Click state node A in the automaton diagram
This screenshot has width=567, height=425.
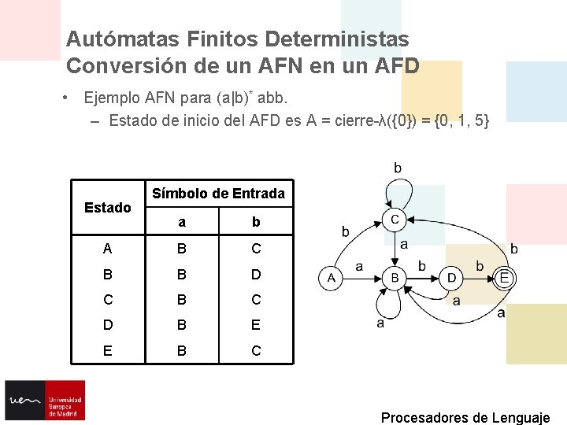coord(331,278)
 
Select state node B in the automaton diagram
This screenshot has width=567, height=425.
coord(395,278)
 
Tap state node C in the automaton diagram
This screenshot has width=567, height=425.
coord(395,218)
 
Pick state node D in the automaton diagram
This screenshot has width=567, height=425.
coord(451,278)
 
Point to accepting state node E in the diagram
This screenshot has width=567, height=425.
coord(505,277)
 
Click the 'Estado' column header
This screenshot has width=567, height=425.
coord(108,208)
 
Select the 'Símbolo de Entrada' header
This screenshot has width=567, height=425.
coord(218,193)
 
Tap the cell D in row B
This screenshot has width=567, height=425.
coord(256,275)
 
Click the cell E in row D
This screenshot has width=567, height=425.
coord(256,325)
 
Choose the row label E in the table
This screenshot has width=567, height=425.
coord(108,350)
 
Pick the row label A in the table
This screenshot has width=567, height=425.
coord(108,249)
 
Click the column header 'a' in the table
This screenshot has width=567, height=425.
coord(182,222)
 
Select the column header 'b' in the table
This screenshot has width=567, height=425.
coord(256,222)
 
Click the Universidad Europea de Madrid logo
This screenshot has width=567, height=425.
coord(45,401)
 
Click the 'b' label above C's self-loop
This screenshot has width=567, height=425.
coord(398,168)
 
